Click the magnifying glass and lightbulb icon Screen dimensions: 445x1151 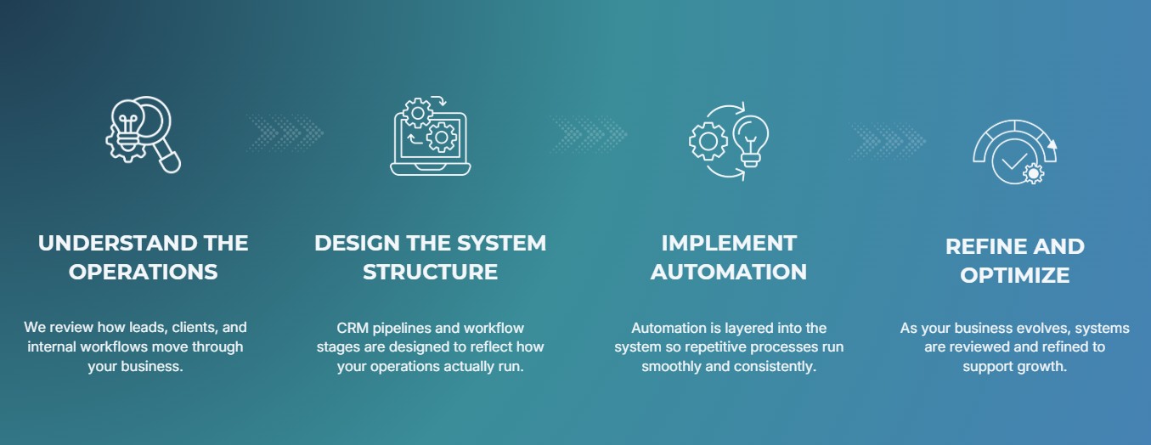[143, 134]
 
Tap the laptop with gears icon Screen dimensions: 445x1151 [430, 136]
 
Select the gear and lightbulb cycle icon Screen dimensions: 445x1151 [729, 141]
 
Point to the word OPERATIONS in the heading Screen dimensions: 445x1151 [143, 273]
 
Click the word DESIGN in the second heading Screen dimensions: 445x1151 [356, 244]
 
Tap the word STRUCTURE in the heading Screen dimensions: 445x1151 [430, 273]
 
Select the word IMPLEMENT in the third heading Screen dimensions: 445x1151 [729, 244]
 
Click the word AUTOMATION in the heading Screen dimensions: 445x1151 [729, 273]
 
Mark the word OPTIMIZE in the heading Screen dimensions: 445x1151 [1014, 276]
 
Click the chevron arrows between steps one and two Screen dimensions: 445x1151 [286, 133]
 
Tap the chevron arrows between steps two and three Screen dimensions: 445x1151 [589, 133]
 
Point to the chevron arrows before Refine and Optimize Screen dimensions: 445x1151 [888, 136]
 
